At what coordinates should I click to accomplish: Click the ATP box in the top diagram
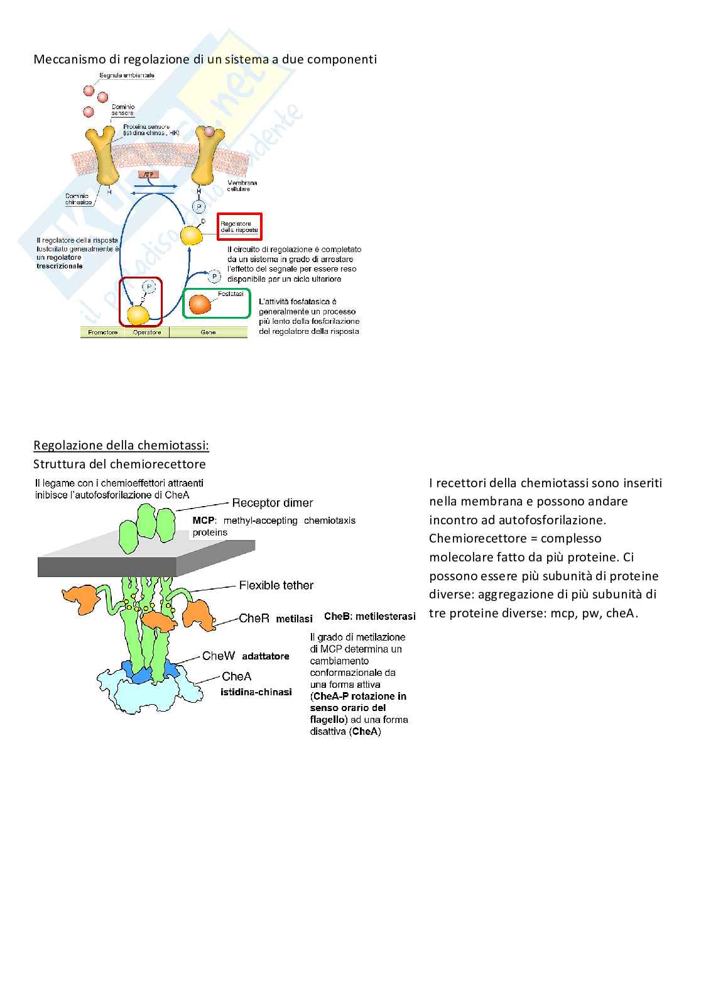point(148,174)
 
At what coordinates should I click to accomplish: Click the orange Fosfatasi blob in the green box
point(201,304)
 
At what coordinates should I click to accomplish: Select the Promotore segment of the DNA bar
point(102,333)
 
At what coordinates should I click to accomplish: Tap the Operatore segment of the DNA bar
point(147,333)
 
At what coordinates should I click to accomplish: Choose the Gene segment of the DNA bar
point(208,333)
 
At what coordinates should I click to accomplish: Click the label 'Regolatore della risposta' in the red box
point(239,227)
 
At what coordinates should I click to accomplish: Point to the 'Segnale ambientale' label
point(127,75)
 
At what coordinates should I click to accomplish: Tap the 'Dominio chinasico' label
point(79,199)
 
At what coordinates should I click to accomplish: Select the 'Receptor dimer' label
point(272,503)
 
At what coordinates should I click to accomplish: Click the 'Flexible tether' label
point(276,585)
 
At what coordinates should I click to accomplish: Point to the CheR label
point(254,618)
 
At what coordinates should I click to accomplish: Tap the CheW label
point(218,656)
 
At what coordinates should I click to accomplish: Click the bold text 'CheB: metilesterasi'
point(369,617)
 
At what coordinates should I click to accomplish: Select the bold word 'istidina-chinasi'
point(256,692)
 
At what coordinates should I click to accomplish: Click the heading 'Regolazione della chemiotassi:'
point(121,446)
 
